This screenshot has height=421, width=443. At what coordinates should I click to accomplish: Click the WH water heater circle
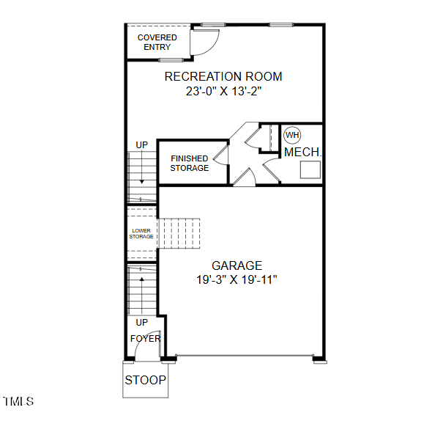(x=292, y=135)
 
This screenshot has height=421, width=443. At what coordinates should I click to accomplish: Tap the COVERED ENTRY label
(x=157, y=42)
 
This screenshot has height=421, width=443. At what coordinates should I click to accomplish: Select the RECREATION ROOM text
(x=223, y=76)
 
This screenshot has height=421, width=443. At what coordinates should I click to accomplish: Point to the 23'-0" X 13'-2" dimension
(x=223, y=91)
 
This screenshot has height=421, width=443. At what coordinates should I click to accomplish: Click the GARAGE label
(x=237, y=266)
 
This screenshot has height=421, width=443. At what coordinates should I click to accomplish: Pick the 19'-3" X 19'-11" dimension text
(x=237, y=280)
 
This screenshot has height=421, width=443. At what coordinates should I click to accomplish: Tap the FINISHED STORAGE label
(x=190, y=164)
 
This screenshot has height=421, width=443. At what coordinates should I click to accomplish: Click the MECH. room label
(x=303, y=153)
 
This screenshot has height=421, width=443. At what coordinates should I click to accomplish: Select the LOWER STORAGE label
(x=141, y=233)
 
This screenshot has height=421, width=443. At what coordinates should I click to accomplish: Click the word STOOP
(x=146, y=380)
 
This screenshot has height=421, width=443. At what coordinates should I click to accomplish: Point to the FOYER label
(x=145, y=338)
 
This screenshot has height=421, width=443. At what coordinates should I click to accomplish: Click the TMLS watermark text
(x=18, y=401)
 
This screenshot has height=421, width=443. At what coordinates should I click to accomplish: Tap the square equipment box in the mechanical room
(x=310, y=169)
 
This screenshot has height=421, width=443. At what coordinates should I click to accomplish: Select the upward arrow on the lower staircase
(x=142, y=295)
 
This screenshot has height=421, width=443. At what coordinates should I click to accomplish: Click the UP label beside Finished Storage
(x=142, y=145)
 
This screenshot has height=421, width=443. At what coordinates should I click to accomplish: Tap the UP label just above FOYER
(x=142, y=322)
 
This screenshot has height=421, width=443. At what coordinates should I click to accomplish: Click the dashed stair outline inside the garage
(x=179, y=233)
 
